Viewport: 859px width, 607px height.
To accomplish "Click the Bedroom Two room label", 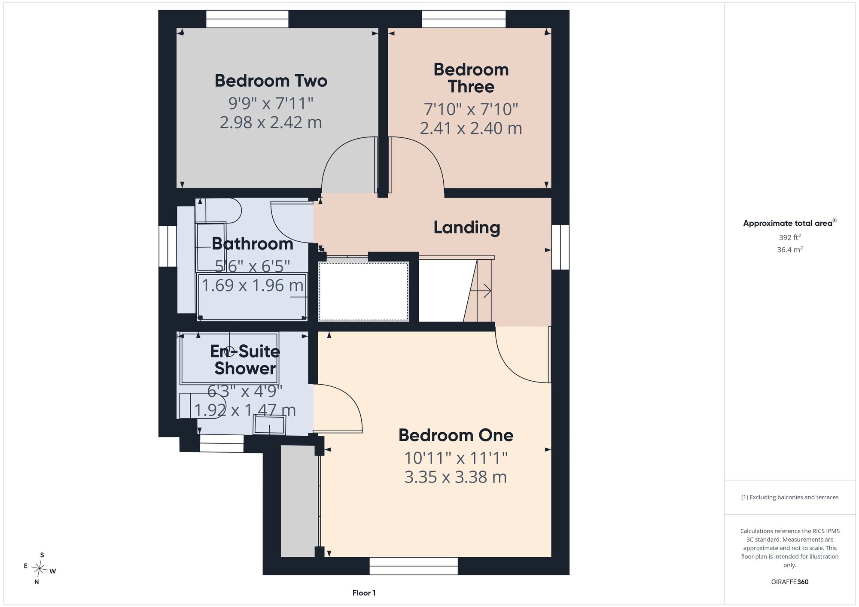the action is (x=271, y=81).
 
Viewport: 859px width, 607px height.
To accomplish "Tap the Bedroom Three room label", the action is (x=471, y=78).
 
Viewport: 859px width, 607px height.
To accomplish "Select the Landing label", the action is (x=467, y=228).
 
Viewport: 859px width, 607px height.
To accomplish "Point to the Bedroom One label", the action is (x=456, y=435).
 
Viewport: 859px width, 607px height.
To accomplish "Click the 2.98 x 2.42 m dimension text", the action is (x=271, y=123).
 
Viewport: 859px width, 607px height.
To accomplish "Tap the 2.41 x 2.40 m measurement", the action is (x=471, y=128).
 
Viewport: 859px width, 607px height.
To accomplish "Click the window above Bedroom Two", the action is (x=247, y=19).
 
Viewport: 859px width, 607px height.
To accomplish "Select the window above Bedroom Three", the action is (x=464, y=19).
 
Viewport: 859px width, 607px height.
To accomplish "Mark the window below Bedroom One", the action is (x=414, y=566).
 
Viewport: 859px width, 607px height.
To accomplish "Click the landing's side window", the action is (x=560, y=247).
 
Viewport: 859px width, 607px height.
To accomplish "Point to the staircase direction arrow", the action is (x=481, y=291).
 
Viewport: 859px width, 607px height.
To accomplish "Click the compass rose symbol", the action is (x=40, y=569).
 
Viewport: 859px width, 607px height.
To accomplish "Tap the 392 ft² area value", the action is (x=790, y=237).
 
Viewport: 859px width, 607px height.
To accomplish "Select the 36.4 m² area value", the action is (x=790, y=249).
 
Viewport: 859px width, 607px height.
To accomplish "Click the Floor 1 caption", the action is (x=364, y=593).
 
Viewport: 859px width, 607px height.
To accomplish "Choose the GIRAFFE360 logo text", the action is (x=790, y=582).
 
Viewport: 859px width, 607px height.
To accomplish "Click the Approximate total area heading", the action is (x=790, y=223).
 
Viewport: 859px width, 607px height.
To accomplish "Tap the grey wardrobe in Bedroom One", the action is (x=298, y=501).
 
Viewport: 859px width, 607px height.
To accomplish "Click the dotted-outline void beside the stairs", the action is (x=363, y=291).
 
